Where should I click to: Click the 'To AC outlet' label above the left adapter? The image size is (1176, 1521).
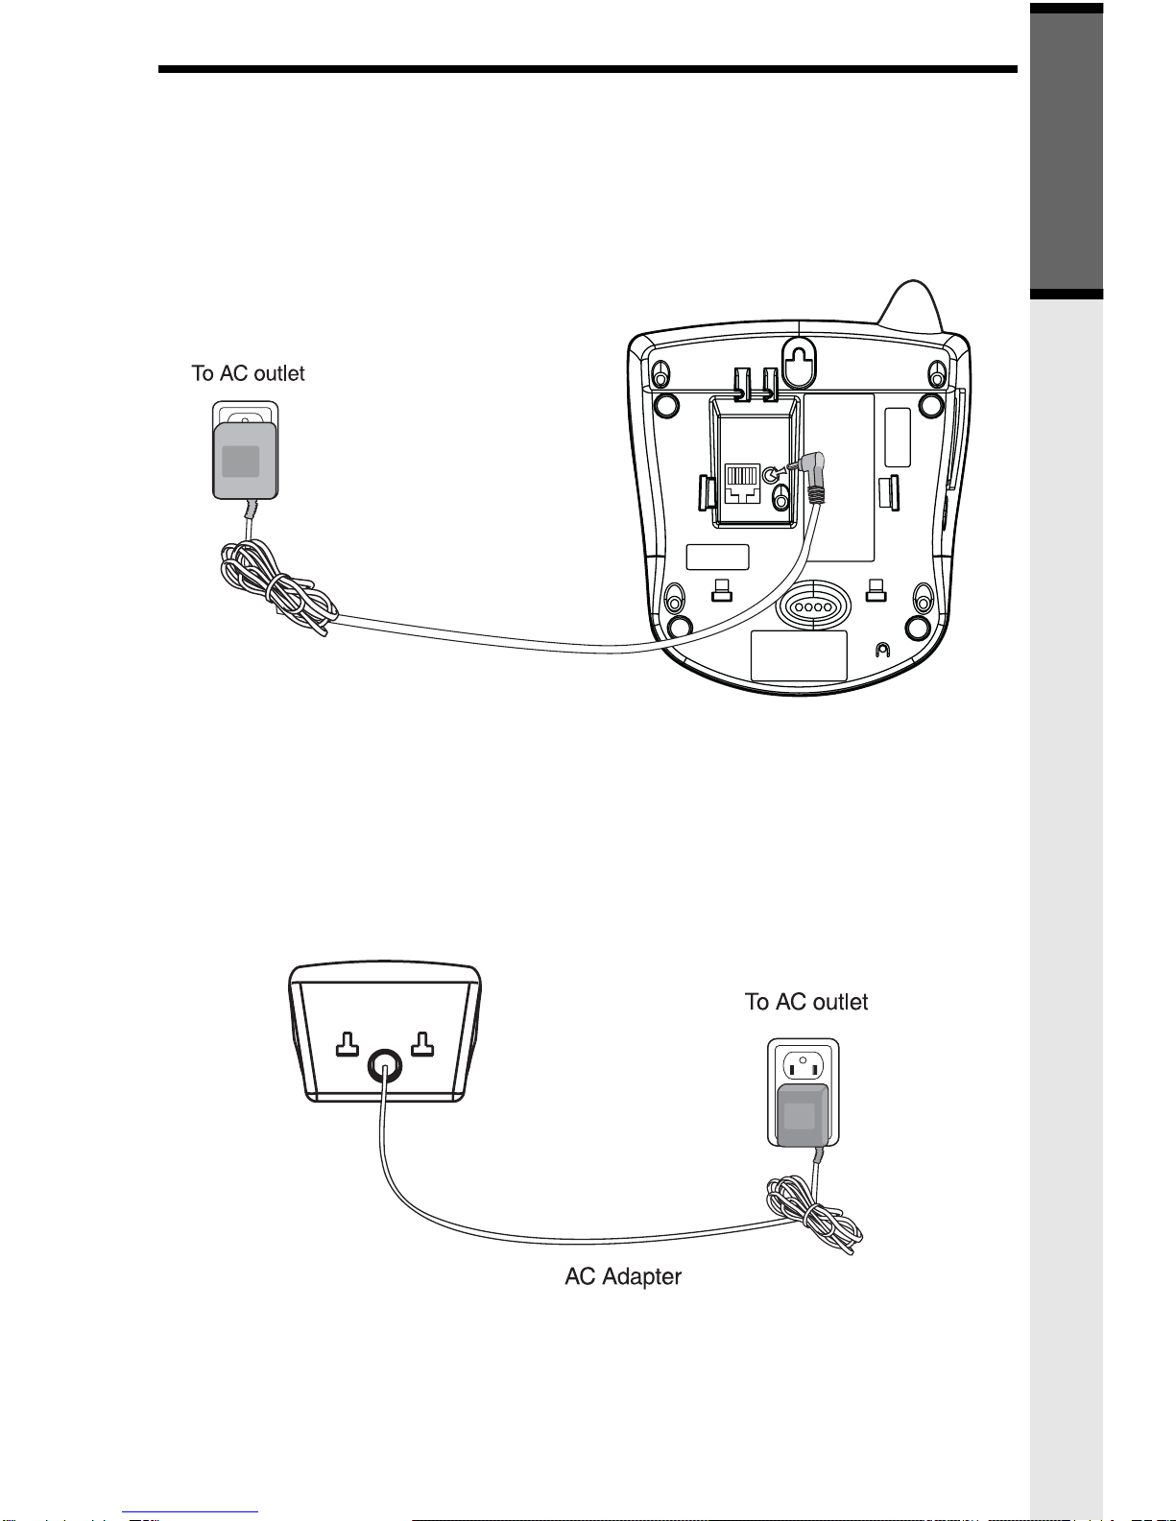click(x=248, y=373)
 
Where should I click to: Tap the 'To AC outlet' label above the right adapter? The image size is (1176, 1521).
click(x=805, y=1002)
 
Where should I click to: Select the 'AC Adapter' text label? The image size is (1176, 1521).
click(x=623, y=1276)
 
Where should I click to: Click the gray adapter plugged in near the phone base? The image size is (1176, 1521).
click(x=245, y=460)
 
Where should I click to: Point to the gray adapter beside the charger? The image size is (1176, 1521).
click(x=803, y=1116)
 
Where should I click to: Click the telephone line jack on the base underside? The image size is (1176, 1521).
click(x=742, y=483)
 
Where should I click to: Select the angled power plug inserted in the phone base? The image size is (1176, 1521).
click(x=810, y=476)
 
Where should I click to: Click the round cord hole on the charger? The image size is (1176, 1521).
click(x=385, y=1066)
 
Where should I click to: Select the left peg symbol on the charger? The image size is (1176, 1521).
click(x=348, y=1044)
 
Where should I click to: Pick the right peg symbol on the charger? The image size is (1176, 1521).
click(x=422, y=1044)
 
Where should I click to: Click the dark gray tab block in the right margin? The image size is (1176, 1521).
click(x=1067, y=151)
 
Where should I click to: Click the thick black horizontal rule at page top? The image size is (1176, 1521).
click(x=588, y=69)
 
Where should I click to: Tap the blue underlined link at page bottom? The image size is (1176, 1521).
click(x=190, y=1512)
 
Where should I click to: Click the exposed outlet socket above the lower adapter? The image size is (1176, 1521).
click(x=803, y=1065)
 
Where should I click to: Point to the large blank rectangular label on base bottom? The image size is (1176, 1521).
click(x=799, y=655)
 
